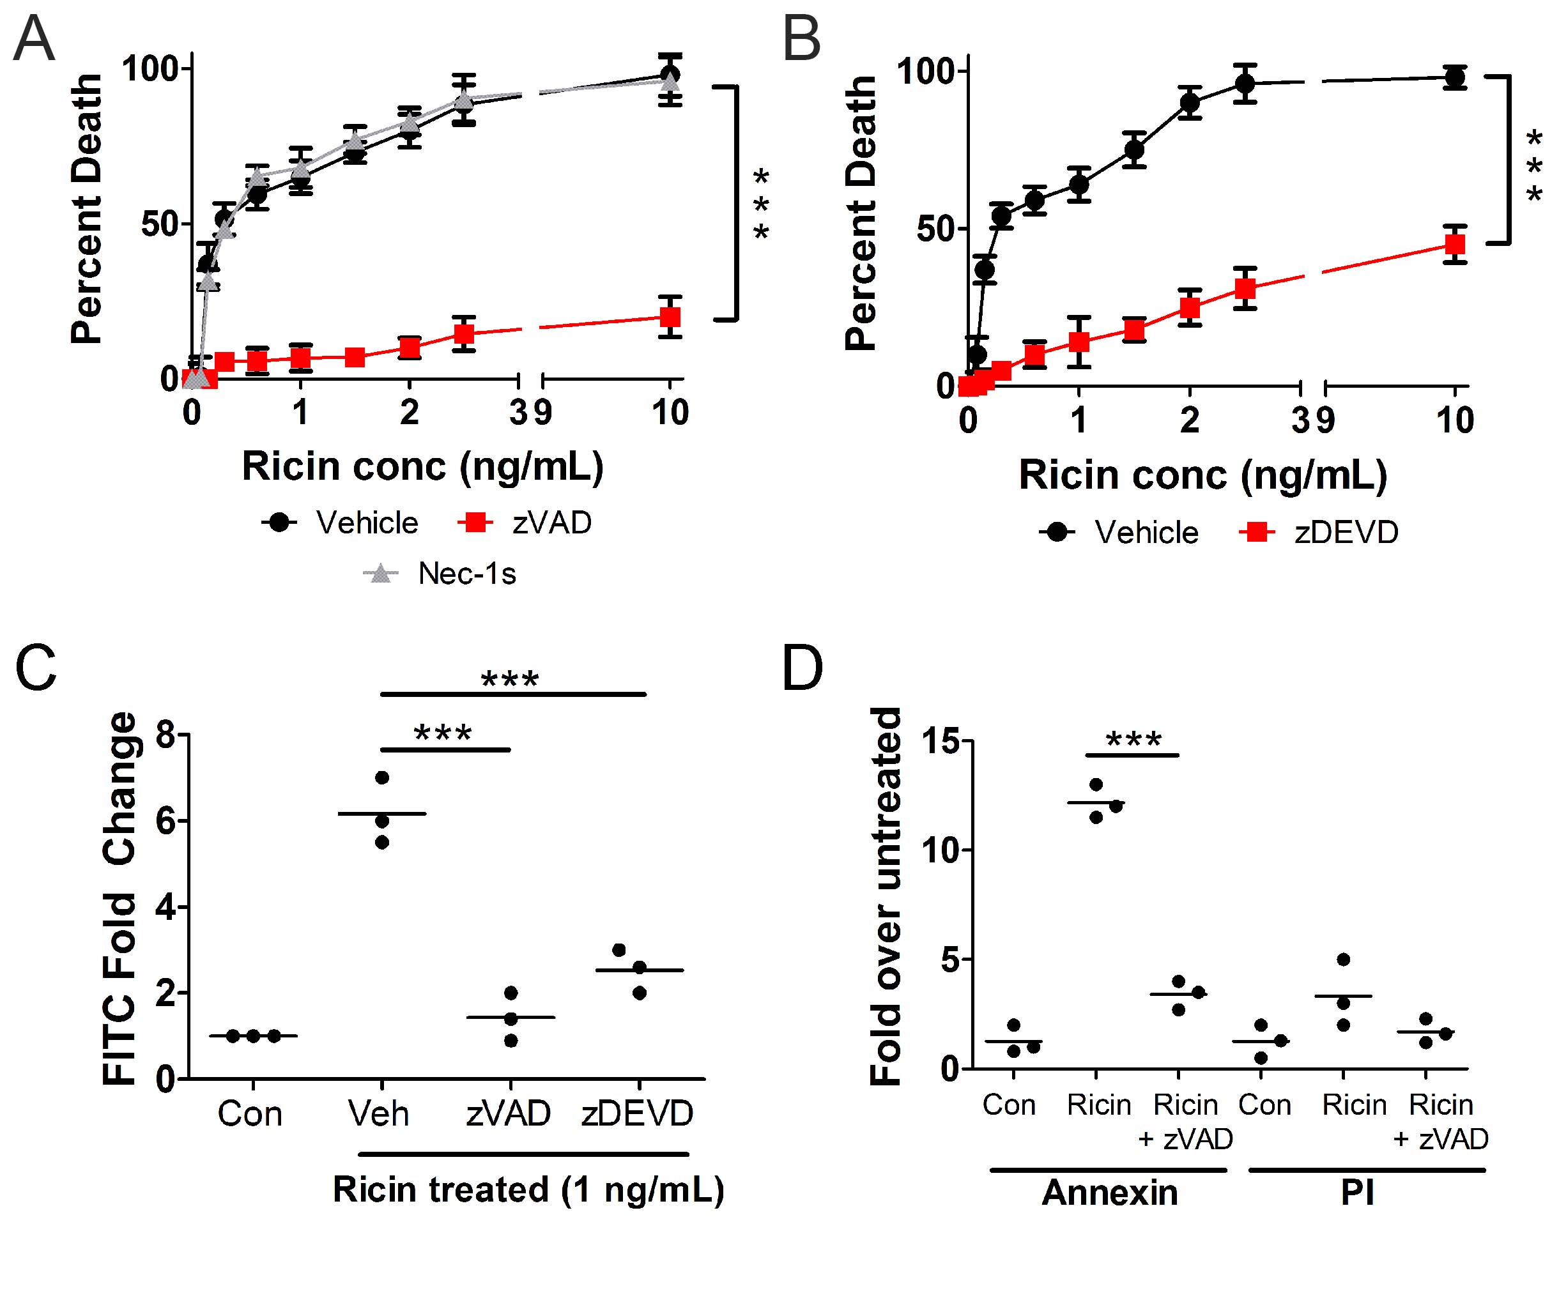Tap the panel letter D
(803, 669)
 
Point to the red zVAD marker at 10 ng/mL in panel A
(670, 317)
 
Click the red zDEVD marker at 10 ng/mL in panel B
(1455, 244)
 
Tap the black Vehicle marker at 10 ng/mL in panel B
(1455, 77)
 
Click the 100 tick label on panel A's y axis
(151, 69)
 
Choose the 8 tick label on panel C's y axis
(166, 735)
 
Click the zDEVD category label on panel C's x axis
(637, 1114)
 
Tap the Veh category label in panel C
(379, 1114)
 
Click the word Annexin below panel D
(1109, 1193)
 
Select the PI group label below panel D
(1357, 1193)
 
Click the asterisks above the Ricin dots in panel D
(1133, 740)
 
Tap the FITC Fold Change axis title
(120, 898)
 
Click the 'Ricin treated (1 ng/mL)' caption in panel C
(528, 1189)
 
